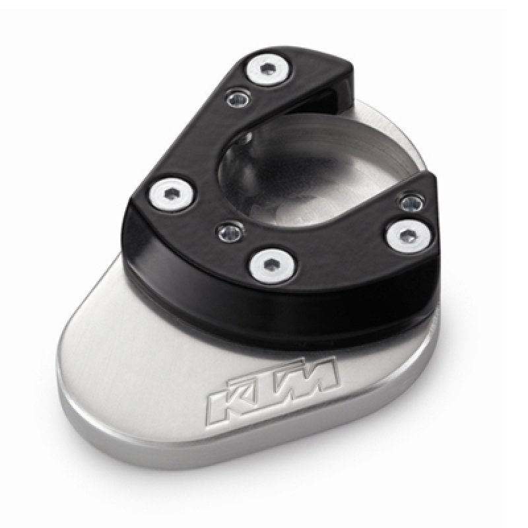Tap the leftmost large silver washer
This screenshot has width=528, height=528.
(173, 194)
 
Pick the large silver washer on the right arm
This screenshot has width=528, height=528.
(409, 235)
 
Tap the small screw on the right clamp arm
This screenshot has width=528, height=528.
(412, 202)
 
